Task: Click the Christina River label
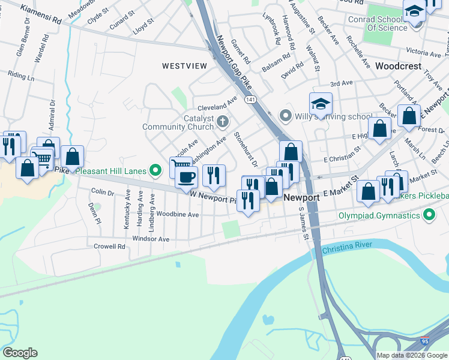pyautogui.click(x=346, y=245)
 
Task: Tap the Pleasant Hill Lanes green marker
pyautogui.click(x=156, y=171)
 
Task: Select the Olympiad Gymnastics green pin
pyautogui.click(x=429, y=215)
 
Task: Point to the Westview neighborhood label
pyautogui.click(x=184, y=65)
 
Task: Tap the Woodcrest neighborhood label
pyautogui.click(x=399, y=66)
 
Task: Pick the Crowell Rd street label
pyautogui.click(x=109, y=246)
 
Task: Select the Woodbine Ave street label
pyautogui.click(x=178, y=214)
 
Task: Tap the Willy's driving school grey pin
pyautogui.click(x=285, y=115)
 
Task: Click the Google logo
pyautogui.click(x=20, y=353)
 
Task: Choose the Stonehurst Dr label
pyautogui.click(x=246, y=149)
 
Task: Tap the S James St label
pyautogui.click(x=304, y=224)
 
